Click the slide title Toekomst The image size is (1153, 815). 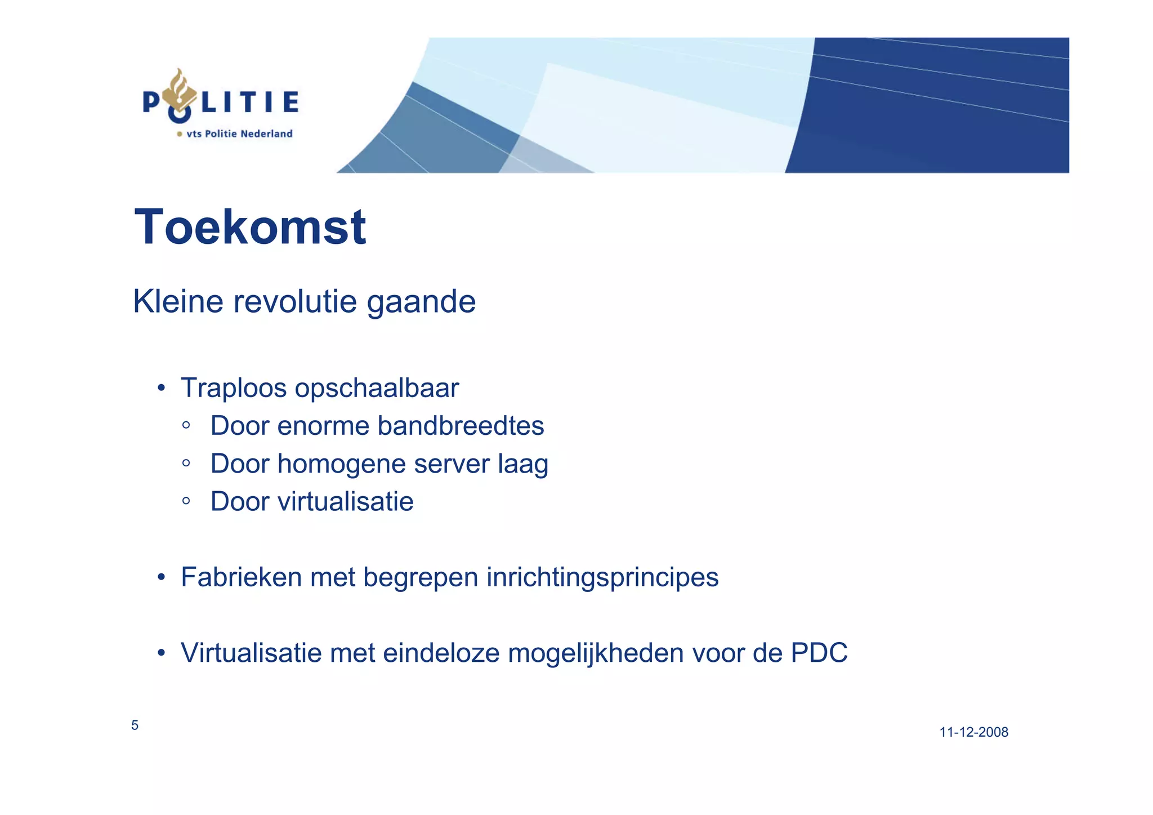250,227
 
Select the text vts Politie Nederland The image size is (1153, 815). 239,134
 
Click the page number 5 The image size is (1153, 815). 135,725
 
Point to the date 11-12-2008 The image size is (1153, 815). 973,732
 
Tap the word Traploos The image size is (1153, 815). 234,388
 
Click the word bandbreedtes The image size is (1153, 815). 461,426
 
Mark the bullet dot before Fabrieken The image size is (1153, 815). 162,577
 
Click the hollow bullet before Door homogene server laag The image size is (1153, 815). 186,464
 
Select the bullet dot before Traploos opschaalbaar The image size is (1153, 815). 162,388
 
